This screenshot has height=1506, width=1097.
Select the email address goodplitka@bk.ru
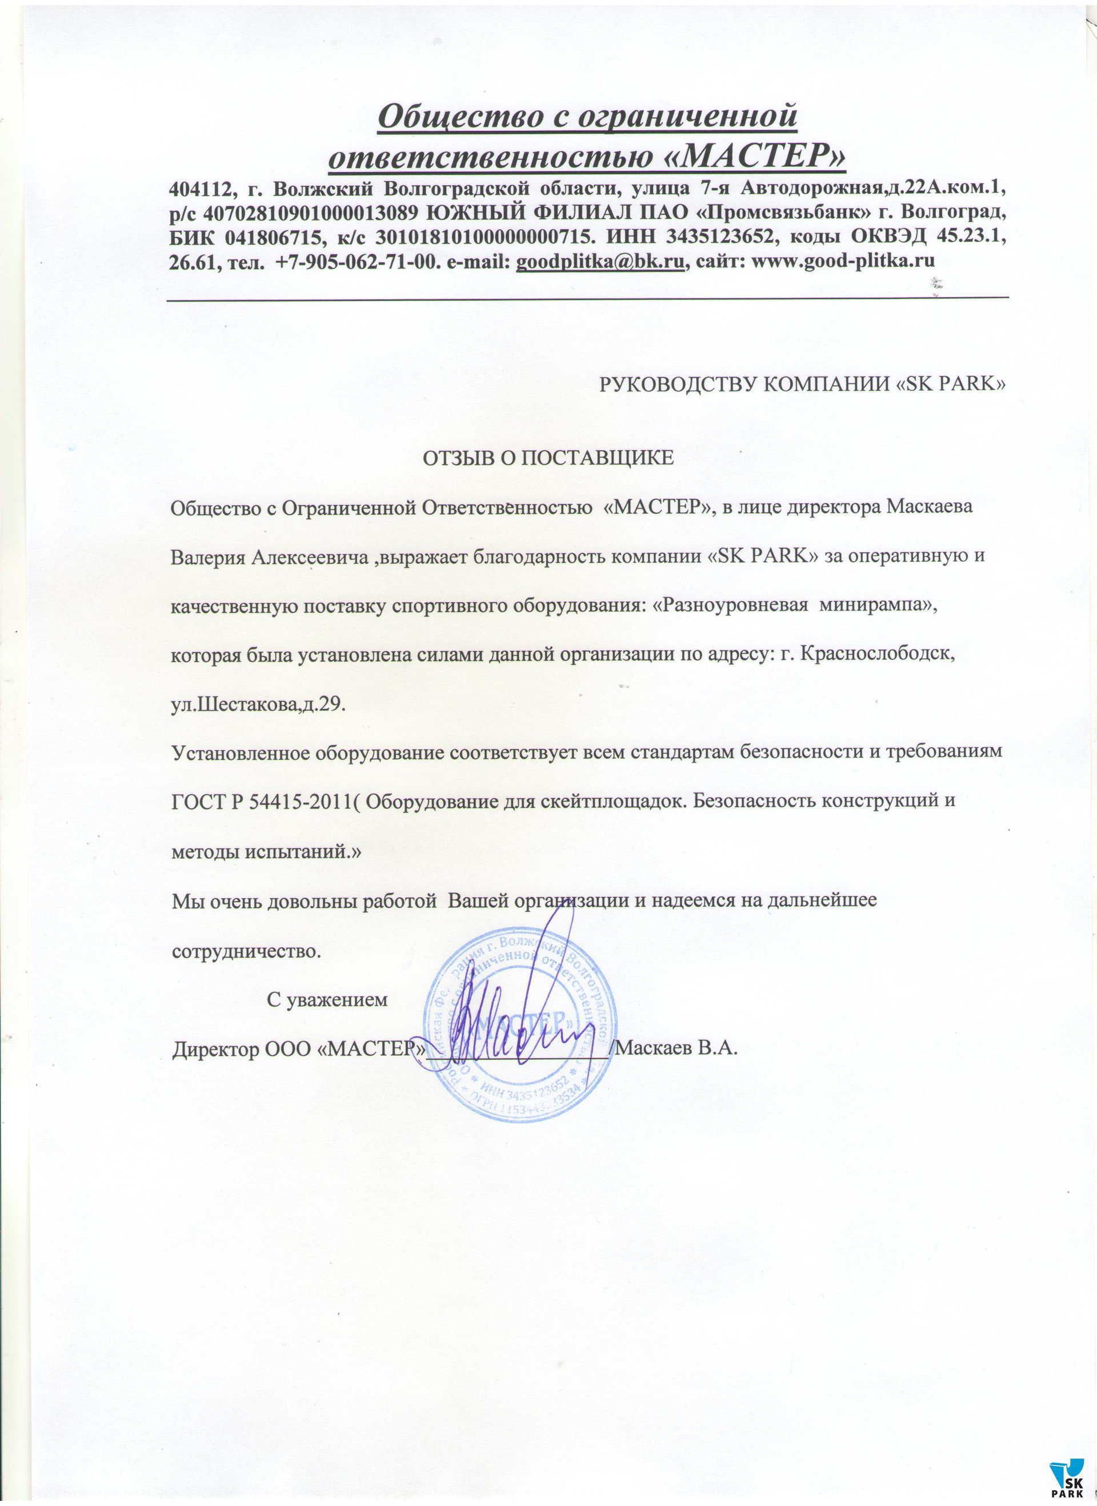click(x=599, y=261)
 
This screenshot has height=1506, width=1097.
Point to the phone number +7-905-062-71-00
click(x=356, y=261)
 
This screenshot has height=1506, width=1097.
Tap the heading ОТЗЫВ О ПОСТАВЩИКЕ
click(x=548, y=458)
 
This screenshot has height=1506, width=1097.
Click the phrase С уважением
click(x=327, y=999)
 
